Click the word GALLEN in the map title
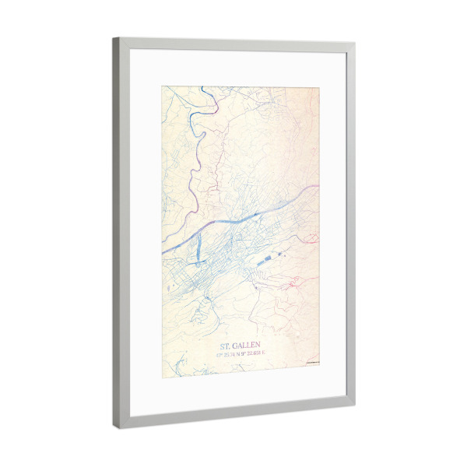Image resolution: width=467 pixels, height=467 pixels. [x=248, y=345]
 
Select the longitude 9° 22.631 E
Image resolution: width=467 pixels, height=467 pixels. [x=254, y=355]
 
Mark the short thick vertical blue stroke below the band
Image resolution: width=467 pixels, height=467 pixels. [x=197, y=250]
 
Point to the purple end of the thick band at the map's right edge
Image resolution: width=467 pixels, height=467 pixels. [x=313, y=188]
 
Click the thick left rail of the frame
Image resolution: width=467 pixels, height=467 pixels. [x=123, y=233]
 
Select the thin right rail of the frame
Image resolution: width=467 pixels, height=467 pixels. [x=351, y=226]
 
